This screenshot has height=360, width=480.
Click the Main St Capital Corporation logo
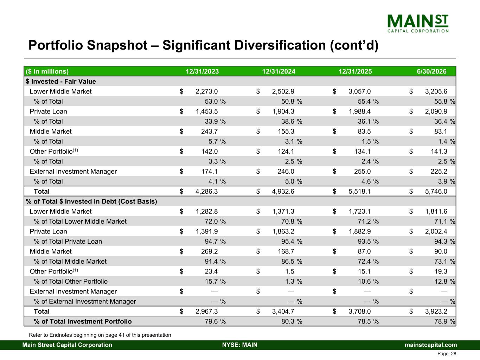(x=418, y=24)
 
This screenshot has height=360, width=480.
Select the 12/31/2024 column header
(x=279, y=71)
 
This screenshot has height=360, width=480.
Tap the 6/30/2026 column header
(x=431, y=71)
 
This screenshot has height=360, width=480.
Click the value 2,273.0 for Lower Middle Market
(x=207, y=91)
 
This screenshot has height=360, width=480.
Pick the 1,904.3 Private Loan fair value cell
(x=283, y=111)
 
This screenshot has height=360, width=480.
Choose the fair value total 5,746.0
(x=436, y=192)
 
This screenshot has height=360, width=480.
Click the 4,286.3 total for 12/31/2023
(x=207, y=192)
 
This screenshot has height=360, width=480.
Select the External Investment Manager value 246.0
(x=286, y=171)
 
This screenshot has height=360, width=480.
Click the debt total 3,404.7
(x=283, y=311)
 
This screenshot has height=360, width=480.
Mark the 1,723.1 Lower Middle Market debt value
(x=359, y=211)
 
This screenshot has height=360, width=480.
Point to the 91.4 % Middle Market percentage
(x=215, y=262)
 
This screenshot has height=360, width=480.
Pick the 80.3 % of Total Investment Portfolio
(x=292, y=321)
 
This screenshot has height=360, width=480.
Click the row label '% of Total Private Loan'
(x=68, y=241)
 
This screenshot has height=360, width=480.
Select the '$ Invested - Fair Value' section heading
(x=61, y=82)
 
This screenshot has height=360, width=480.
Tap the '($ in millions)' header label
(x=47, y=71)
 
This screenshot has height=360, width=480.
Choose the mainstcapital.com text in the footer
(x=431, y=345)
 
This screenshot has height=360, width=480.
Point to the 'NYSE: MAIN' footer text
(x=240, y=345)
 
